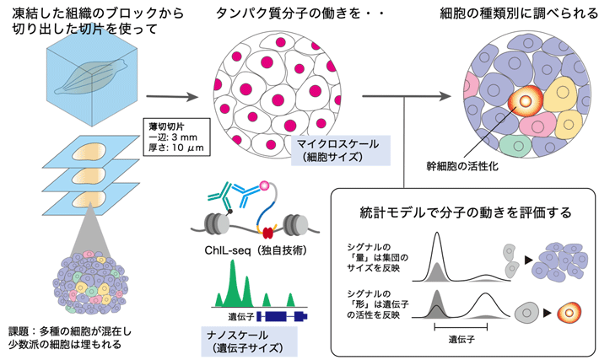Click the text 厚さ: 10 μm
pyautogui.click(x=175, y=149)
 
